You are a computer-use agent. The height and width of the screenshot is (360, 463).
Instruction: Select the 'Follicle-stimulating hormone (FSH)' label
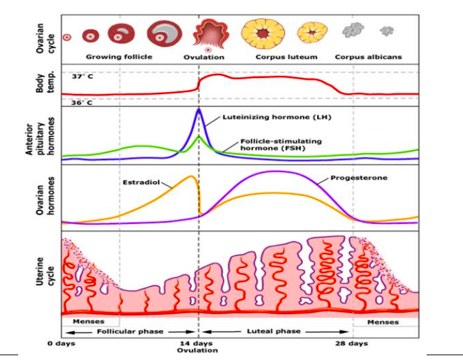(280, 144)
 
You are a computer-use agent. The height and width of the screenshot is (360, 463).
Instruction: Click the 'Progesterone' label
(356, 178)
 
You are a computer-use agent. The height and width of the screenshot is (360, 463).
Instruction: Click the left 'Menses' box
(89, 321)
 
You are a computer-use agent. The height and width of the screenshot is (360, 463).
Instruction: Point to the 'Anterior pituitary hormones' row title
(47, 136)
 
